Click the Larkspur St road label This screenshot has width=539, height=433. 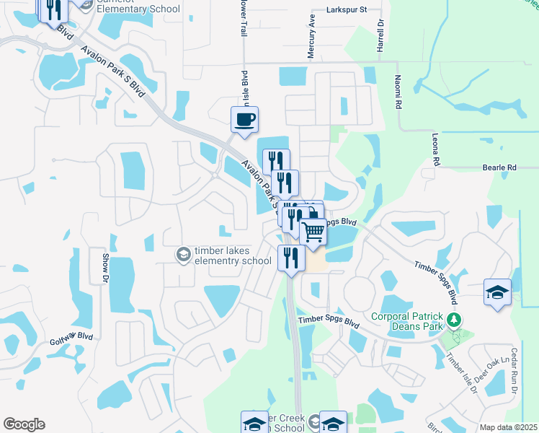coord(347,10)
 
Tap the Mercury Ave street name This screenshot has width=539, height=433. coord(312,30)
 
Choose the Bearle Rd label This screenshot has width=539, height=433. coord(502,167)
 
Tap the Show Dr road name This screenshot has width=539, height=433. coord(104,267)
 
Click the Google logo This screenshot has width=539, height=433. coord(24,424)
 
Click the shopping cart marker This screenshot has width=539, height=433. coord(313,232)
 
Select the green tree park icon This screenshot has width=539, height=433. coord(453,319)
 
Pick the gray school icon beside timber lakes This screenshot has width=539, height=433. coord(183,255)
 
